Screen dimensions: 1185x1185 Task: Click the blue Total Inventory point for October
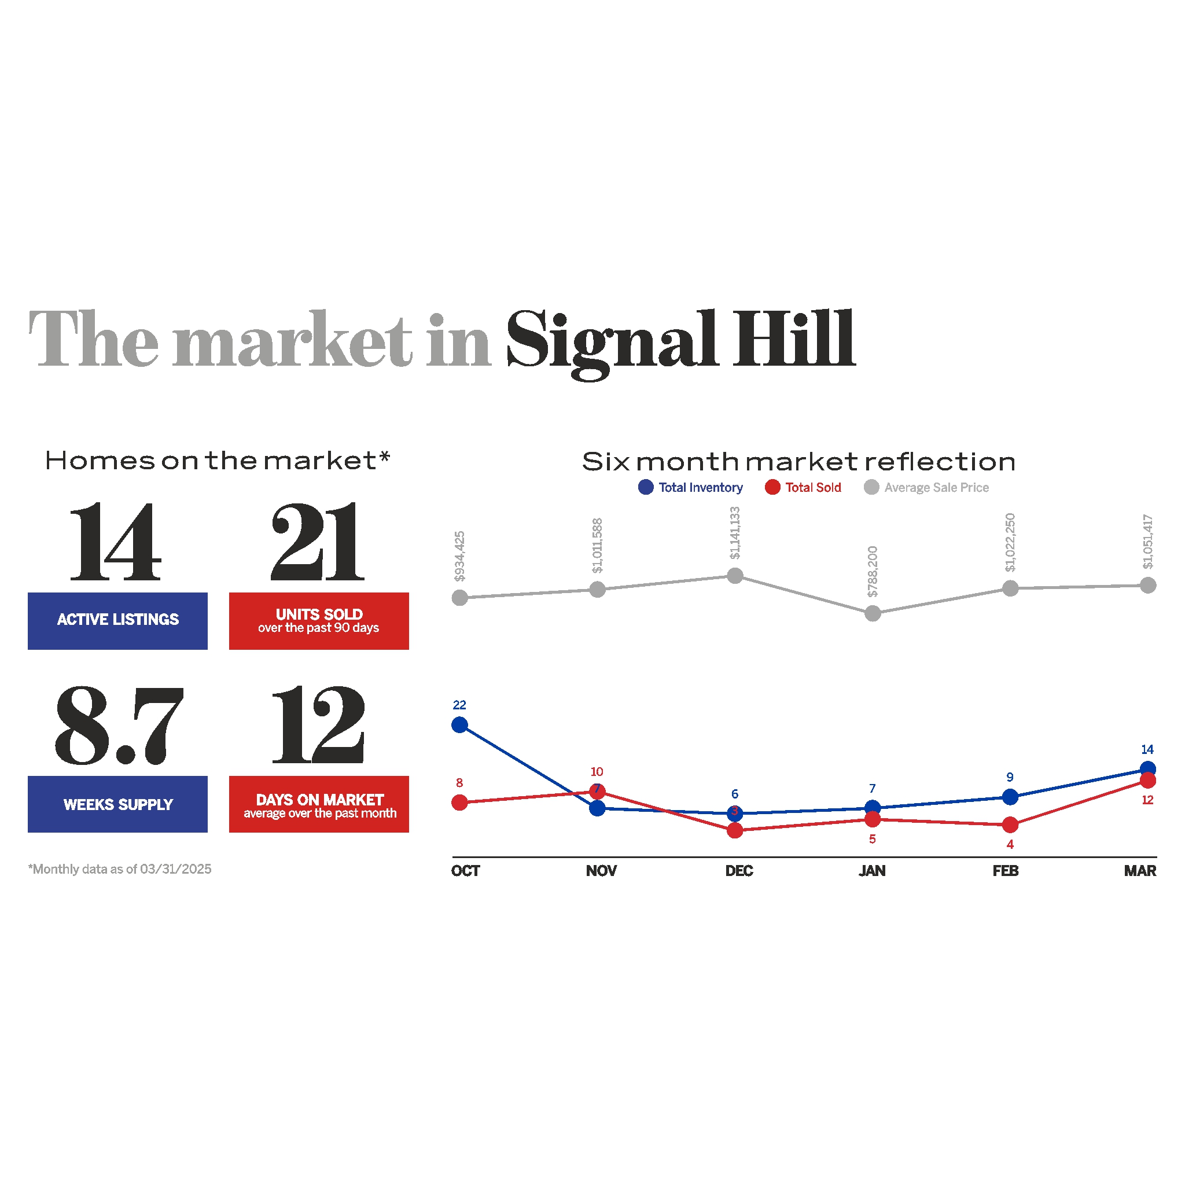click(x=459, y=725)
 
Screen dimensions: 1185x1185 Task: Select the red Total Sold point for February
click(x=1010, y=825)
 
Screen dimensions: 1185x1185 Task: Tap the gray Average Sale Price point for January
click(x=872, y=613)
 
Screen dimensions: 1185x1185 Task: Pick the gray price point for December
click(x=735, y=576)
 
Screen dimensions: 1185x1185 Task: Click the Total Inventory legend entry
click(x=691, y=488)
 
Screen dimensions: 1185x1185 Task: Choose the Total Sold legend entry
click(x=804, y=488)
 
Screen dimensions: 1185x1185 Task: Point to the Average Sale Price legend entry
click(x=927, y=488)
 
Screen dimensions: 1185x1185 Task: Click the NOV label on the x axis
click(x=601, y=871)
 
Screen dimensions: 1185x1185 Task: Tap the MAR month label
click(x=1140, y=871)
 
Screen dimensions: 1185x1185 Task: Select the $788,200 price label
click(x=872, y=572)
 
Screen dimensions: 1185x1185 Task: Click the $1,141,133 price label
click(x=735, y=533)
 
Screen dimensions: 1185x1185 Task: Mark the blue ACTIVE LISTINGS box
click(x=118, y=621)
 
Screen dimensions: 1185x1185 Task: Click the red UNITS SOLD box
click(x=319, y=621)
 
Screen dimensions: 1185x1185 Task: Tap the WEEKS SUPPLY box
click(x=118, y=804)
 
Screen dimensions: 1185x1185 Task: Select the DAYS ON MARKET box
click(x=319, y=804)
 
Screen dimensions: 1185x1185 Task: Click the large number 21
click(x=318, y=542)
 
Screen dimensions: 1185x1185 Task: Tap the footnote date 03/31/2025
click(x=175, y=869)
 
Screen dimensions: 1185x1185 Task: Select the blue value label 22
click(x=459, y=705)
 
